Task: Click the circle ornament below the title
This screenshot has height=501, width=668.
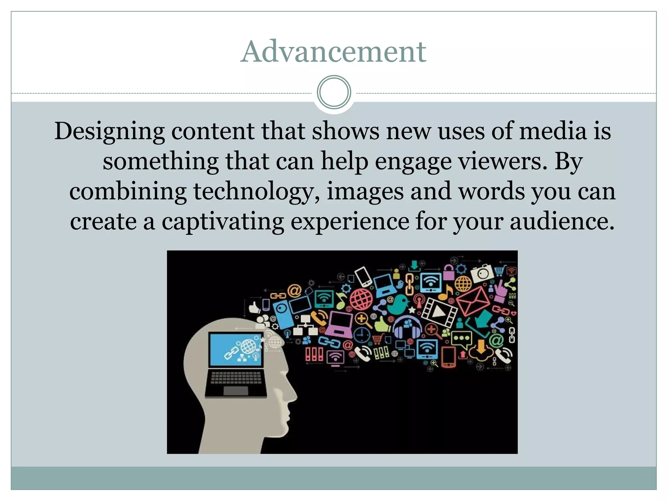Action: pos(334,92)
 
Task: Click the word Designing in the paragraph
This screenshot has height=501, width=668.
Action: pos(109,131)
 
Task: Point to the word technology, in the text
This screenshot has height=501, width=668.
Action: pos(256,191)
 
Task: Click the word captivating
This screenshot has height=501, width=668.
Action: pos(223,222)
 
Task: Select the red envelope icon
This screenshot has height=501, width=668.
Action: pos(473,300)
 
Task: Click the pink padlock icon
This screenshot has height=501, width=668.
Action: pos(449,272)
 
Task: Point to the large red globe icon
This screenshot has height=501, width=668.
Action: pos(361,299)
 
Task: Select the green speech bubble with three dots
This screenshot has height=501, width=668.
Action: pos(461,338)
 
